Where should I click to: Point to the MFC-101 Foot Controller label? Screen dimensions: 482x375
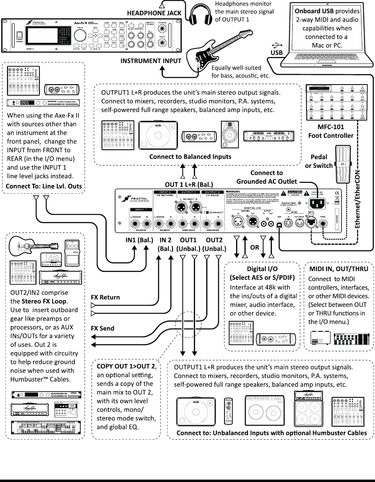pos(325,132)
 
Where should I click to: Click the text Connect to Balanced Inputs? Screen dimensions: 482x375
pos(190,157)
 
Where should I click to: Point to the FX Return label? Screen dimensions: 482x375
pos(105,297)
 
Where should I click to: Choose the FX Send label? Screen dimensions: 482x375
pos(102,329)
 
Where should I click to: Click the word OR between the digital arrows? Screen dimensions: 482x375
pos(255,247)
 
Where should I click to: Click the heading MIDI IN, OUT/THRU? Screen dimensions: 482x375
pos(339,269)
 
